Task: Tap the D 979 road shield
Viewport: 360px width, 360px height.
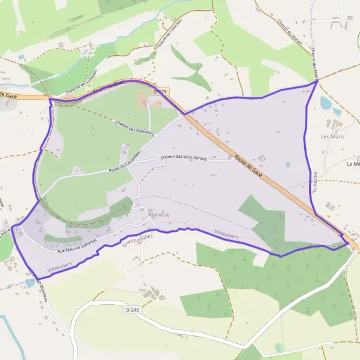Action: pyautogui.click(x=160, y=91)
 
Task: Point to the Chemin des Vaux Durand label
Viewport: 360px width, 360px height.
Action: pyautogui.click(x=192, y=158)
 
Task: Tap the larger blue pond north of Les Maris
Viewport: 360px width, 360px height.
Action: pyautogui.click(x=326, y=103)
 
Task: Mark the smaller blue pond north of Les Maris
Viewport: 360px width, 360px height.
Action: pyautogui.click(x=337, y=112)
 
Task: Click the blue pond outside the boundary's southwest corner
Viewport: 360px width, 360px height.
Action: pyautogui.click(x=30, y=283)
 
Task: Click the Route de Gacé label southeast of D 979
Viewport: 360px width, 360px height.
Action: pyautogui.click(x=248, y=164)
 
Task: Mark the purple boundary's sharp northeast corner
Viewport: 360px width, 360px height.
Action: pyautogui.click(x=317, y=82)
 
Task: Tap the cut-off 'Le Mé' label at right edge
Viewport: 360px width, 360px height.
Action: pyautogui.click(x=353, y=163)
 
